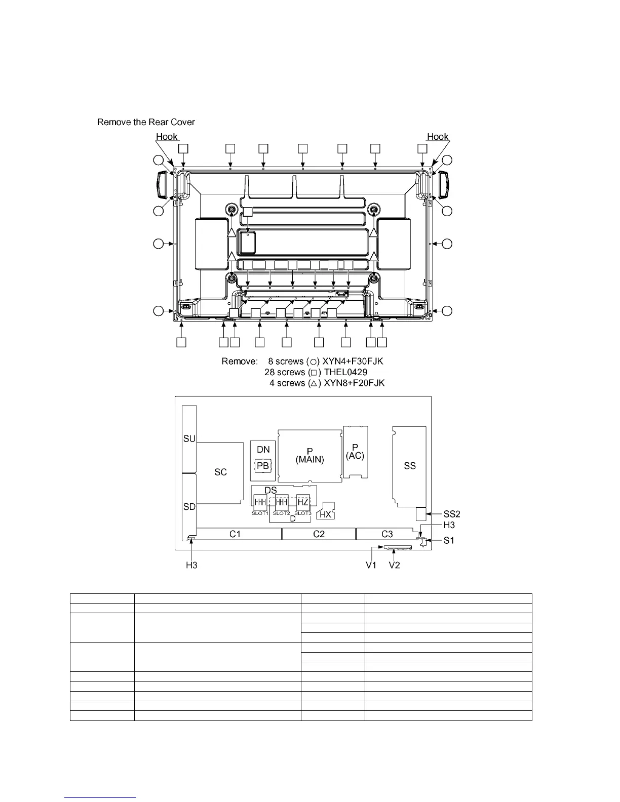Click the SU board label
click(189, 438)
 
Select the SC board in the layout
click(220, 472)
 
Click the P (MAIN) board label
click(309, 455)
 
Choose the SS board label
click(410, 466)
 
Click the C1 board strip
click(235, 534)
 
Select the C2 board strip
click(319, 534)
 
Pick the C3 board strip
click(387, 534)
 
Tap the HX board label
click(326, 514)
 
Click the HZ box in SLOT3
click(303, 503)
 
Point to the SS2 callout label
click(452, 514)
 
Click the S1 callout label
click(449, 540)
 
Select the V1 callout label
click(372, 565)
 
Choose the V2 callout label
click(394, 565)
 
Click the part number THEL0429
click(345, 372)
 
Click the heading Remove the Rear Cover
click(146, 122)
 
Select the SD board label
click(189, 507)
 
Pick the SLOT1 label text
click(260, 513)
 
